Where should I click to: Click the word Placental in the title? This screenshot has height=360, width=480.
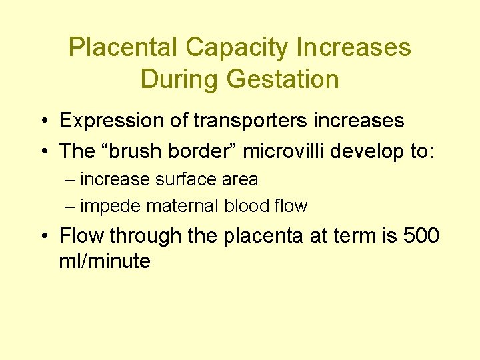[123, 47]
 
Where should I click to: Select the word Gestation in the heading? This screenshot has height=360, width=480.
[283, 79]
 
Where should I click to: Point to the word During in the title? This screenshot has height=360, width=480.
[179, 79]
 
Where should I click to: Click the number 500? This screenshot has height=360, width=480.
[420, 236]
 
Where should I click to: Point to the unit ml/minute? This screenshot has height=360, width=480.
[105, 261]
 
